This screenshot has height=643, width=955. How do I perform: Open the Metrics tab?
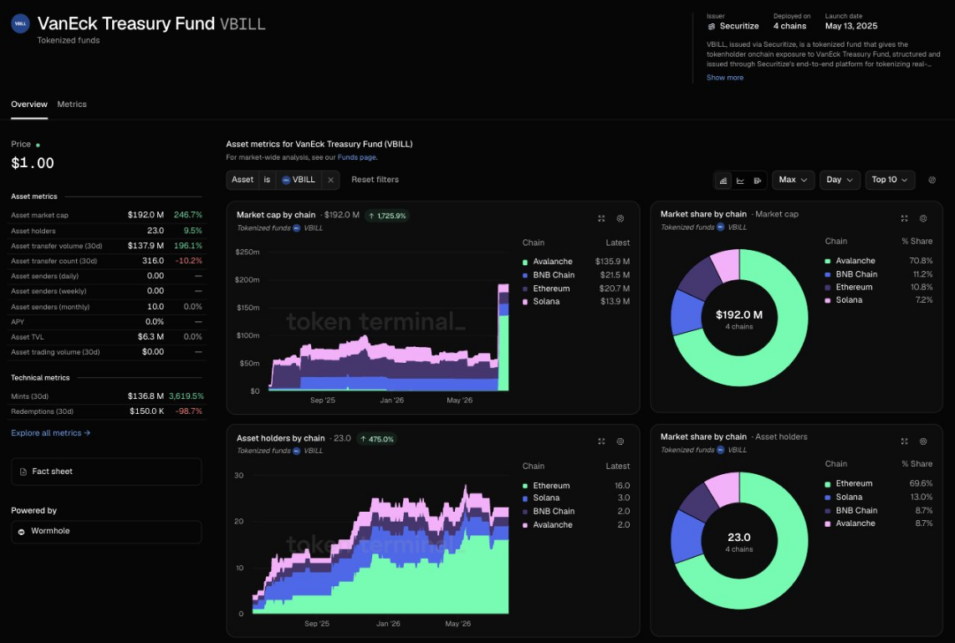pyautogui.click(x=72, y=105)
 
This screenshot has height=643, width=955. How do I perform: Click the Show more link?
pyautogui.click(x=725, y=77)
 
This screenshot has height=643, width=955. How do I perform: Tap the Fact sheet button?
pyautogui.click(x=106, y=472)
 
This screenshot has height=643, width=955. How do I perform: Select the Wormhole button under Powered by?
pyautogui.click(x=106, y=532)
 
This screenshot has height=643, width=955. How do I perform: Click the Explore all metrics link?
pyautogui.click(x=50, y=433)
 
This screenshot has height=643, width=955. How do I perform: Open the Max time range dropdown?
pyautogui.click(x=793, y=180)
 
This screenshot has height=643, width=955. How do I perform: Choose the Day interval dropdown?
pyautogui.click(x=840, y=180)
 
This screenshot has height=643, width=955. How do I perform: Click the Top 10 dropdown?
pyautogui.click(x=890, y=180)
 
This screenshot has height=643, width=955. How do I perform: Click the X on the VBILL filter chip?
pyautogui.click(x=330, y=180)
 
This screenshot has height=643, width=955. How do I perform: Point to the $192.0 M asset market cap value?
pyautogui.click(x=146, y=215)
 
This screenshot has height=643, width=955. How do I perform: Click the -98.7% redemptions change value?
pyautogui.click(x=189, y=411)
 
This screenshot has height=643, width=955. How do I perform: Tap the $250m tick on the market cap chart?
pyautogui.click(x=248, y=252)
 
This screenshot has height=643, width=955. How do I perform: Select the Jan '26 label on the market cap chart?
pyautogui.click(x=391, y=400)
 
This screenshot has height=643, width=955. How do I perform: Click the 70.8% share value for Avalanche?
pyautogui.click(x=920, y=261)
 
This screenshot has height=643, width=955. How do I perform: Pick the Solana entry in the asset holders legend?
pyautogui.click(x=546, y=498)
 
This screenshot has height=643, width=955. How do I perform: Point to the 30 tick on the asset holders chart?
pyautogui.click(x=239, y=476)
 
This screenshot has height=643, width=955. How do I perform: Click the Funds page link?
pyautogui.click(x=357, y=157)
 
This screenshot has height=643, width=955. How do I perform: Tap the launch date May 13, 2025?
pyautogui.click(x=851, y=26)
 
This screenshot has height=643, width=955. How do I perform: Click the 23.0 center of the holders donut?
pyautogui.click(x=738, y=537)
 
